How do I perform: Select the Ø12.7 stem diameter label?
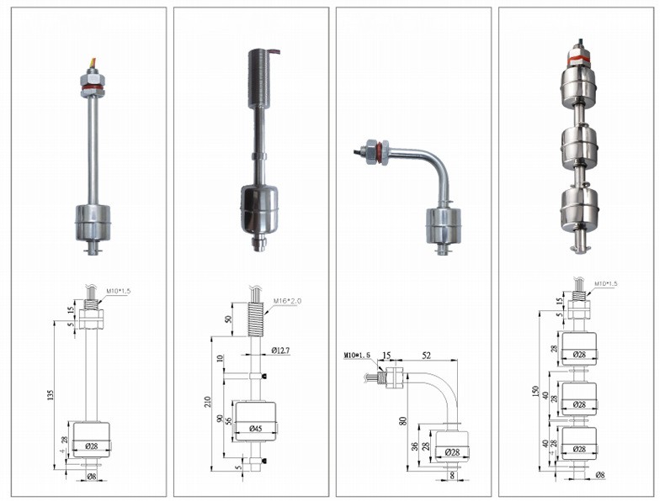click(x=279, y=350)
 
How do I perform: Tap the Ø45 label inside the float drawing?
click(x=255, y=428)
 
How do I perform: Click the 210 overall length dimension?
click(x=208, y=402)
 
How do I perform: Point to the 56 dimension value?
click(x=228, y=424)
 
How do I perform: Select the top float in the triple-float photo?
click(x=578, y=85)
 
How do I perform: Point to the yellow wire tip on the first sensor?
click(x=92, y=61)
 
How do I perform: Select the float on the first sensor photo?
click(x=93, y=222)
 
